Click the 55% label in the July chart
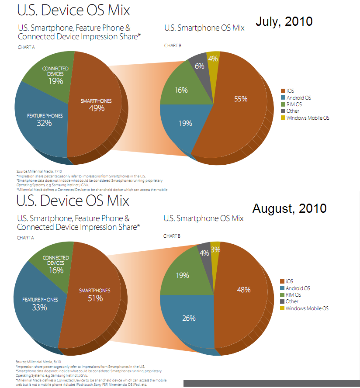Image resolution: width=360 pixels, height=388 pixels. click(x=241, y=99)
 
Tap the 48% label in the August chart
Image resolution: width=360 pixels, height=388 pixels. click(x=244, y=289)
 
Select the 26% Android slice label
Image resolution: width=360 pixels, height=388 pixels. click(x=189, y=318)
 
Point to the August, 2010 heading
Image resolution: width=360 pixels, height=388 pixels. click(x=289, y=208)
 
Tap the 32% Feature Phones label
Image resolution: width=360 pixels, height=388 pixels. click(x=45, y=123)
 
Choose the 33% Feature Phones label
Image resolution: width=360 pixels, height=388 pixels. click(x=40, y=307)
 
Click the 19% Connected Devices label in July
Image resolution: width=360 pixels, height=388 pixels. click(x=56, y=81)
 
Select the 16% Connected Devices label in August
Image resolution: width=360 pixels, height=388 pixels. click(x=56, y=270)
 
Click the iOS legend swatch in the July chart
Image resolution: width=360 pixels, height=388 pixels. click(x=283, y=91)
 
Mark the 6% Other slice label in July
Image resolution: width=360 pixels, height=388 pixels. click(x=200, y=66)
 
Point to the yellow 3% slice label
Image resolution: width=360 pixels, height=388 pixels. click(x=215, y=250)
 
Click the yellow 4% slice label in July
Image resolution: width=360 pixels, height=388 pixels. click(x=213, y=59)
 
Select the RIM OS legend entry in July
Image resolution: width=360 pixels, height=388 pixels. click(x=294, y=104)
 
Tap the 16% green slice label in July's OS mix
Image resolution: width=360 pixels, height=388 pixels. click(x=181, y=90)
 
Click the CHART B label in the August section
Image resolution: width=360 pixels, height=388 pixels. click(x=172, y=236)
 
